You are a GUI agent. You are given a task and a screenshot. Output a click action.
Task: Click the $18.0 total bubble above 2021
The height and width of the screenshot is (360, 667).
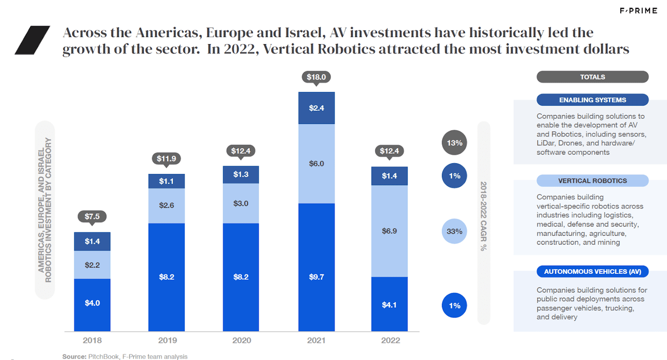(x=316, y=77)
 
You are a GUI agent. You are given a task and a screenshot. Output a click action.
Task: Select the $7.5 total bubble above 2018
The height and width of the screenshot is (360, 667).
(x=92, y=216)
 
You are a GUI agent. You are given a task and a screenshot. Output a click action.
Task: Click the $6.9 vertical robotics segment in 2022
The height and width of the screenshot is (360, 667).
(x=389, y=231)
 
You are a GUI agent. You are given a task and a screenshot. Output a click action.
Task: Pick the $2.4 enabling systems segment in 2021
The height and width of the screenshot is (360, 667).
(x=316, y=108)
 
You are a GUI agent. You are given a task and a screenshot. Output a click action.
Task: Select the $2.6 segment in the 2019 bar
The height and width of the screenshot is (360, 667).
(x=166, y=206)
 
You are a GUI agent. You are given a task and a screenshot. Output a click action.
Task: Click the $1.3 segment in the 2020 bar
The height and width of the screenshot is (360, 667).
(x=241, y=174)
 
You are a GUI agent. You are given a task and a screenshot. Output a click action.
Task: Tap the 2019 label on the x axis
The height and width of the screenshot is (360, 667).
(x=166, y=341)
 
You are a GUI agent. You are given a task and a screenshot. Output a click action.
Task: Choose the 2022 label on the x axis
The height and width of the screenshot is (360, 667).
(x=389, y=341)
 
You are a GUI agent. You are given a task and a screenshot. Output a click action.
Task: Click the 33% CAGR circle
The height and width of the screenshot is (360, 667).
(x=454, y=231)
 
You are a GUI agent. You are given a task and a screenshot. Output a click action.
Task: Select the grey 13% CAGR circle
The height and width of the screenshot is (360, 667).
(x=454, y=143)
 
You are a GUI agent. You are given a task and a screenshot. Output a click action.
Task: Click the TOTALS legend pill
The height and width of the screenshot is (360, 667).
(x=592, y=77)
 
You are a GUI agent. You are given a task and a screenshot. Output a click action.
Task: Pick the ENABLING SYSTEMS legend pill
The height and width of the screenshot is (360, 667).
(x=592, y=100)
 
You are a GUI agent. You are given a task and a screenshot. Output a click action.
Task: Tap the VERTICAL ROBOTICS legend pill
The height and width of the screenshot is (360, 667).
(x=592, y=181)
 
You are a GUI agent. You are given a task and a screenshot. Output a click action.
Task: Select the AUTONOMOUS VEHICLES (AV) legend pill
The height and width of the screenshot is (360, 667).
(x=592, y=271)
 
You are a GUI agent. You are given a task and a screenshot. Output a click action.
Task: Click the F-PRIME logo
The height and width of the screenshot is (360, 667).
(x=638, y=11)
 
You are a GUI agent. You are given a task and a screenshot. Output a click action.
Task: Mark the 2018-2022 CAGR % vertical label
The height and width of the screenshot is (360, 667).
(x=483, y=216)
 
